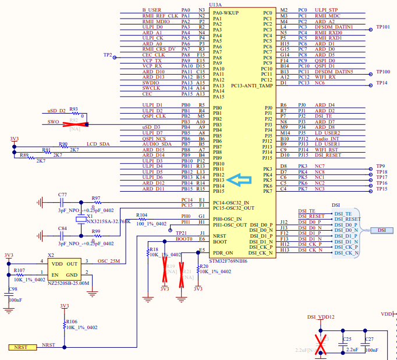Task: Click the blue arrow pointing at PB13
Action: click(x=240, y=181)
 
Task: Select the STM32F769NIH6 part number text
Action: click(x=228, y=261)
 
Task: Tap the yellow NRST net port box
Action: click(x=22, y=347)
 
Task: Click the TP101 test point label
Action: click(x=383, y=27)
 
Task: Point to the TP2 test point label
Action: click(x=108, y=55)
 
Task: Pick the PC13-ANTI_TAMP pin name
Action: click(x=251, y=86)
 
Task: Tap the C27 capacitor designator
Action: click(x=369, y=338)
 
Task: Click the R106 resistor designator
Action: click(x=72, y=322)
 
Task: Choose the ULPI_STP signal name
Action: click(x=326, y=10)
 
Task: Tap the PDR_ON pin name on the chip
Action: click(x=223, y=253)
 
